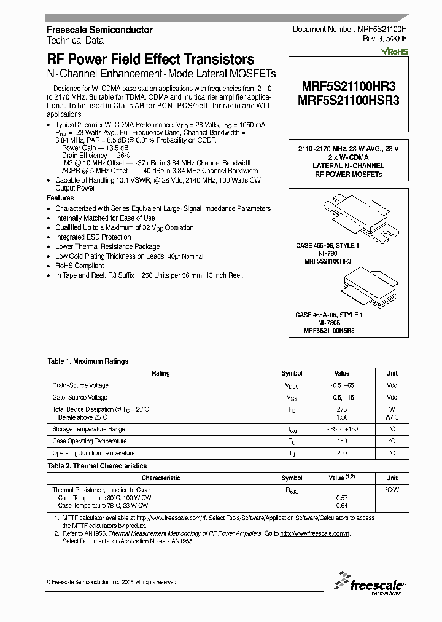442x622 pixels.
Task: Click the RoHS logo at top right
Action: [x=395, y=52]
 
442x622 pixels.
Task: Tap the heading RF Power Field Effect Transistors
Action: [x=150, y=60]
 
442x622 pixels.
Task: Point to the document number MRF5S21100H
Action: [x=377, y=30]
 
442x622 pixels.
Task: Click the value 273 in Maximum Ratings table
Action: [x=342, y=409]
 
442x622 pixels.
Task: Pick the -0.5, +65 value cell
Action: [x=342, y=385]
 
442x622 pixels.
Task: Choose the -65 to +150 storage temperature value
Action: [x=342, y=429]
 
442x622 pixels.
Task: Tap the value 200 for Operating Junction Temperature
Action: [x=342, y=453]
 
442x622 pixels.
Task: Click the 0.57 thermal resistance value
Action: [x=342, y=498]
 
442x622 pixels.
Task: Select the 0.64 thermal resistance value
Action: [x=342, y=505]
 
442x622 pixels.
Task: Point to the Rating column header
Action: [x=160, y=373]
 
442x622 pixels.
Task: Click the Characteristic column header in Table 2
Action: [x=160, y=478]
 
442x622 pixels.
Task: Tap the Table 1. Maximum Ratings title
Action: [x=88, y=361]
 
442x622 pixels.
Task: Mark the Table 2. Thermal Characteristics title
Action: [x=97, y=466]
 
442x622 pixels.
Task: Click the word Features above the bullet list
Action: [x=60, y=198]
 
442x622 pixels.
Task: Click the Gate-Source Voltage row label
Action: [x=80, y=398]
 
